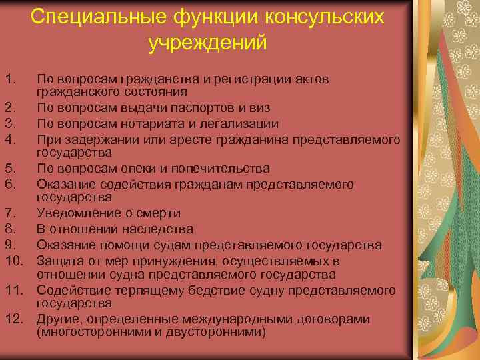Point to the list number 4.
click(x=9, y=139)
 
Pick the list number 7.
click(x=9, y=214)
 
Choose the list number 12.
click(x=15, y=319)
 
